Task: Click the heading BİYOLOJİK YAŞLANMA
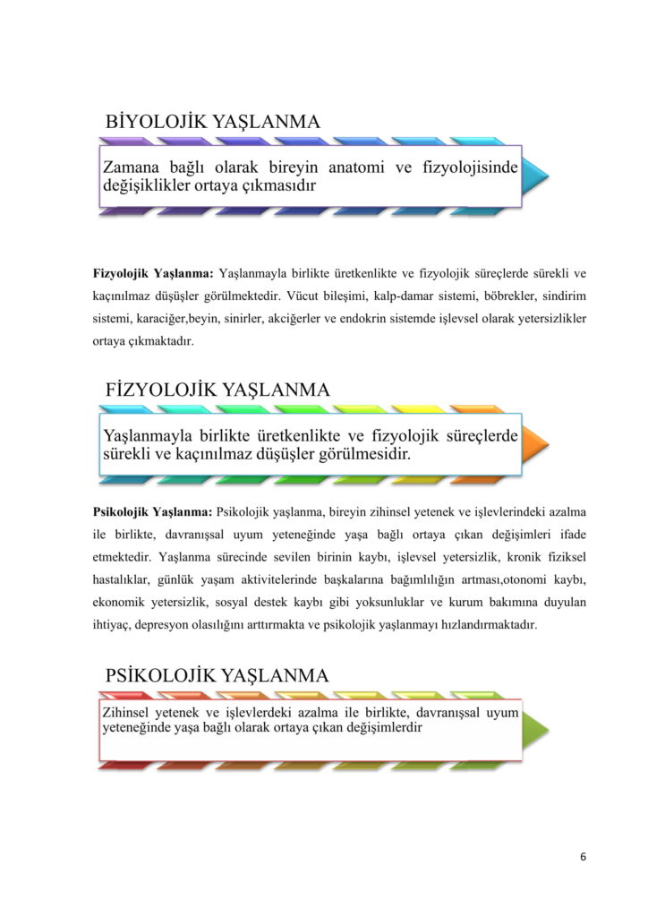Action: tap(212, 121)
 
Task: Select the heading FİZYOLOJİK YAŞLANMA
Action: tap(217, 390)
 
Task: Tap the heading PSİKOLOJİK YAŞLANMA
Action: tap(217, 673)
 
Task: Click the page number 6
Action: tap(583, 857)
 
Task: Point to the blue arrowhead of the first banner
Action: tap(536, 176)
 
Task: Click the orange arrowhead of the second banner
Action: tap(535, 444)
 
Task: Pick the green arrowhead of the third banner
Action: tap(535, 728)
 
